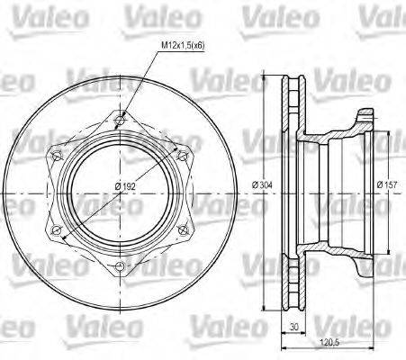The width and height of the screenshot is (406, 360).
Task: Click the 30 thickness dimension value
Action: pyautogui.click(x=294, y=328)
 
